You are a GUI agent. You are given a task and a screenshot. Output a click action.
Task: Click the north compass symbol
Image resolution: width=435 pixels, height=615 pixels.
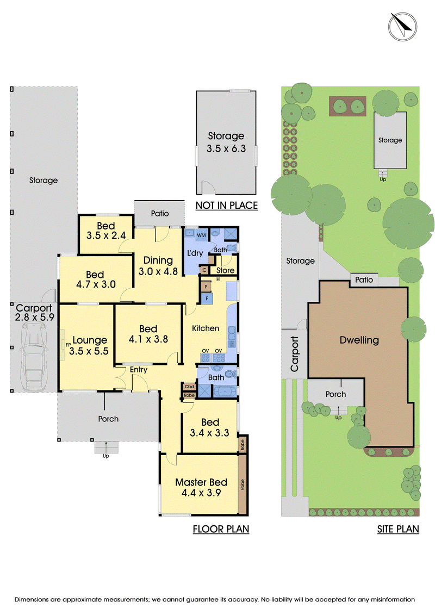[x=402, y=26]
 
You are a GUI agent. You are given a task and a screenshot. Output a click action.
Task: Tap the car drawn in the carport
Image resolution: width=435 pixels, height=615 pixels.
[x=34, y=357]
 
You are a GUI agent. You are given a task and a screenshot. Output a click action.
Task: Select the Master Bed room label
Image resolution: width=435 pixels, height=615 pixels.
[x=201, y=487]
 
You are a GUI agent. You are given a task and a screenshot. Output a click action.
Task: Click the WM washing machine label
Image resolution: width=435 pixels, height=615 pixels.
[x=201, y=235]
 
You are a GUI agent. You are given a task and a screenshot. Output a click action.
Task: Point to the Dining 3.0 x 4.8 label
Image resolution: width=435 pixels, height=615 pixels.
[x=158, y=265]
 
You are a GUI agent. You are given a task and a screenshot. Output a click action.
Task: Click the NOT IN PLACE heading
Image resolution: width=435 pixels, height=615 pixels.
[x=227, y=206]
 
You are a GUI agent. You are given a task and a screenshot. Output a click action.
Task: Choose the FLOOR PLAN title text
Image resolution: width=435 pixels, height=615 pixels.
[x=221, y=529]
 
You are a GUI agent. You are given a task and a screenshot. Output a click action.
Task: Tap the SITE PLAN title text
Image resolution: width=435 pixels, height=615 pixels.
[x=398, y=529]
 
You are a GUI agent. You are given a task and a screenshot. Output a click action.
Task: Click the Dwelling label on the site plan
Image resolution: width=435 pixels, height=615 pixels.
[x=359, y=340]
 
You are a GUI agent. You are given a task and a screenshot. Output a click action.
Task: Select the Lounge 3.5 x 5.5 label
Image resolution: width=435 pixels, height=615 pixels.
[x=89, y=345]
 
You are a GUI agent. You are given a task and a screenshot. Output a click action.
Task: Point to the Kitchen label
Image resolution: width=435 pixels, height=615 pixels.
[x=206, y=328]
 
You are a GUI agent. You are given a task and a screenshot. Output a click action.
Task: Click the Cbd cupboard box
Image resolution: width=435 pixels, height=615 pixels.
[x=189, y=387]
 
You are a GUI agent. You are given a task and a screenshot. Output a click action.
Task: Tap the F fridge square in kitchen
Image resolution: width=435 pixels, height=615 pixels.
[x=207, y=299]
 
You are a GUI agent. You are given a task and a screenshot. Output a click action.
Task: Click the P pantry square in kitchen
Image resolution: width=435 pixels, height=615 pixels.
[x=206, y=287]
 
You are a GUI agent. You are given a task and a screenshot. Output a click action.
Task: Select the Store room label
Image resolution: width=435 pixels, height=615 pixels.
[x=226, y=270]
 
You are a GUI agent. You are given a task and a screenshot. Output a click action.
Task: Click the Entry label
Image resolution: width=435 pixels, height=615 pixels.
[x=139, y=370]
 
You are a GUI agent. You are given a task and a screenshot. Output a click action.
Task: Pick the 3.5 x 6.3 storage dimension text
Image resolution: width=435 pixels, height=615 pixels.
[x=226, y=148]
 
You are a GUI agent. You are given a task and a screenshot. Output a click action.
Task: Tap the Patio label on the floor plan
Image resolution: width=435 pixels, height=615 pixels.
[x=160, y=213]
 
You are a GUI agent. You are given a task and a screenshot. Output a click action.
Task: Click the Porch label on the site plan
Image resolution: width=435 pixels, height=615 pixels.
[x=335, y=394]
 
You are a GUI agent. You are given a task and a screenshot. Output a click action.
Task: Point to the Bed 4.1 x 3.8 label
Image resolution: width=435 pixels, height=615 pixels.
[x=148, y=334]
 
